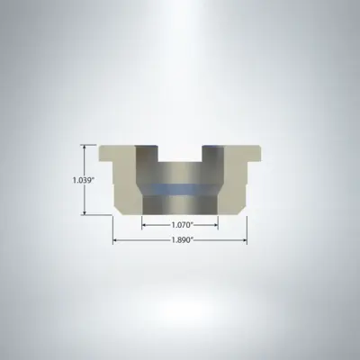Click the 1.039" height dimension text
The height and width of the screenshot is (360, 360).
pyautogui.click(x=83, y=179)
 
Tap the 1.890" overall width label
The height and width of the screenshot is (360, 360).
pyautogui.click(x=180, y=241)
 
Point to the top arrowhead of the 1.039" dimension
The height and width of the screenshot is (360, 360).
pyautogui.click(x=86, y=148)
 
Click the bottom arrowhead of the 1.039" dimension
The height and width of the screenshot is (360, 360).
pyautogui.click(x=86, y=211)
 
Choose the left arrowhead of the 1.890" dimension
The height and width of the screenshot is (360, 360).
pyautogui.click(x=115, y=241)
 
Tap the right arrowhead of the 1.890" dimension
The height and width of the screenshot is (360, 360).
pyautogui.click(x=245, y=241)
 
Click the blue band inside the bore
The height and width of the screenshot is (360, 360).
pyautogui.click(x=180, y=189)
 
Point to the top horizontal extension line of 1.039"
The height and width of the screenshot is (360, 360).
pyautogui.click(x=92, y=145)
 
